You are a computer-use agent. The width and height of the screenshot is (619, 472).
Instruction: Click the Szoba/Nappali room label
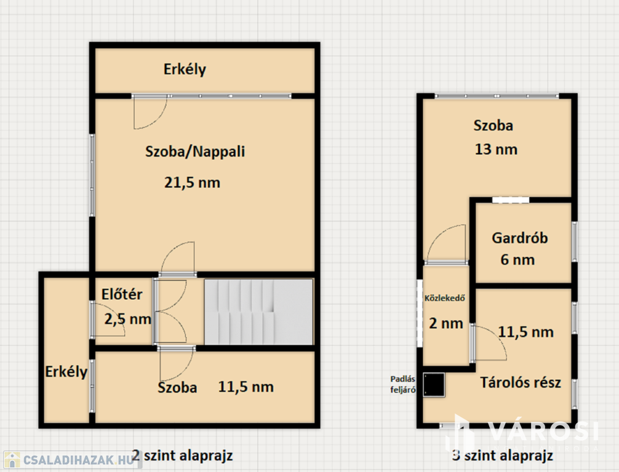(x=195, y=151)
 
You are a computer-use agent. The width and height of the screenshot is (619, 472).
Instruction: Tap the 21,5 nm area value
(x=192, y=183)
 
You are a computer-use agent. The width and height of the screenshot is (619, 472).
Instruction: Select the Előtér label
(x=122, y=294)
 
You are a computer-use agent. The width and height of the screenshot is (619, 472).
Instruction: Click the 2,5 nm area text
(x=127, y=319)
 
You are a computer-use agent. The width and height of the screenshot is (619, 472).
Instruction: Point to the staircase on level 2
(x=258, y=312)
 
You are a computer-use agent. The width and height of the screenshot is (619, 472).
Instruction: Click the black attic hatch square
(x=434, y=385)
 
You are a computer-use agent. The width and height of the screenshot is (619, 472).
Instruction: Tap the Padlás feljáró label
(x=402, y=385)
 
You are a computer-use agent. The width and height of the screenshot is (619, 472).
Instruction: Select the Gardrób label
(x=519, y=238)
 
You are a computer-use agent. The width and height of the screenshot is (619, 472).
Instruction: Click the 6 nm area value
(x=517, y=260)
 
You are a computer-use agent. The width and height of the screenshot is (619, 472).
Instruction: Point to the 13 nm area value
(x=496, y=149)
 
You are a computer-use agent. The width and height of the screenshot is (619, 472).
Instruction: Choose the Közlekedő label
(x=444, y=298)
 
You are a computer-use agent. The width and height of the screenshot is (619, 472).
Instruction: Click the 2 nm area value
(x=445, y=323)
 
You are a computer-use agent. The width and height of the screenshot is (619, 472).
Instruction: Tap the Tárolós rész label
(x=521, y=382)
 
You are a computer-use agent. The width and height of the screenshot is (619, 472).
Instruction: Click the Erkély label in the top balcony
(x=185, y=69)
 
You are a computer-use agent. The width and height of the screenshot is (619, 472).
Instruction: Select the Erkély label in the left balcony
(x=66, y=372)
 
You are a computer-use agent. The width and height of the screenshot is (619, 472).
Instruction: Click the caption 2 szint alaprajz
(x=182, y=455)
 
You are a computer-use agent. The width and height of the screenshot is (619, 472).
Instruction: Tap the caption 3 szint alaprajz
(x=503, y=455)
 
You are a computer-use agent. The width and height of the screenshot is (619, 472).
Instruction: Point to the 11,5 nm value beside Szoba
(x=246, y=387)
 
